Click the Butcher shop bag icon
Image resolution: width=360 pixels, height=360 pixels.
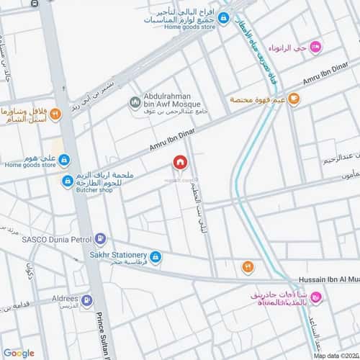pos(67,180)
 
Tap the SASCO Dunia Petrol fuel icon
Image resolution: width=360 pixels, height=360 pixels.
pos(101,238)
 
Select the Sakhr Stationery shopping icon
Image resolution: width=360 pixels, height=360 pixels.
pos(156,256)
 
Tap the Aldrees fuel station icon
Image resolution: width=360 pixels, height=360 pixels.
pos(86,301)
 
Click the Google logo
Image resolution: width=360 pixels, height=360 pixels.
pos(19,353)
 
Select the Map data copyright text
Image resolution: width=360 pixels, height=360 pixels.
pos(334,355)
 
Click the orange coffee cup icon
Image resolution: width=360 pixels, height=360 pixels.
pos(293,100)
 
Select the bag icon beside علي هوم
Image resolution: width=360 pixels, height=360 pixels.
pos(63,159)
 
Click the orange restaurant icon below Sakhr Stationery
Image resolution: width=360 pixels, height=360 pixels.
pos(248,268)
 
